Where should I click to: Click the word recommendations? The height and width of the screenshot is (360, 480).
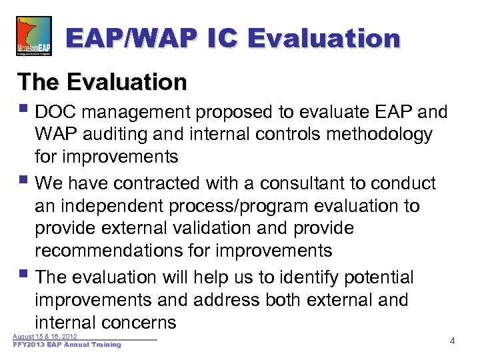(110, 251)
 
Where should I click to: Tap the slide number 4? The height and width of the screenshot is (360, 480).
(452, 341)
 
